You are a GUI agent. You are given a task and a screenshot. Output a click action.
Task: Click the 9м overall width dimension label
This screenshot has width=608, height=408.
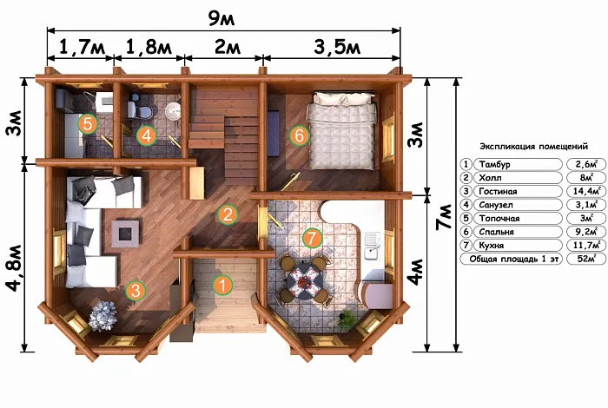click(221, 18)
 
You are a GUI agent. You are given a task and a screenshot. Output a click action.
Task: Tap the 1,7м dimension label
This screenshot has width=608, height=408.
click(82, 47)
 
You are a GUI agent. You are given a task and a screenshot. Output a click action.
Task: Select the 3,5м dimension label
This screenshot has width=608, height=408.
click(337, 47)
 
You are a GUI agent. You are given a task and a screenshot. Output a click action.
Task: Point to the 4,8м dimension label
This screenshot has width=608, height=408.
click(15, 267)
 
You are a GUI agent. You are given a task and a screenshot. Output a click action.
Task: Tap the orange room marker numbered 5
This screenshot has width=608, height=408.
click(88, 124)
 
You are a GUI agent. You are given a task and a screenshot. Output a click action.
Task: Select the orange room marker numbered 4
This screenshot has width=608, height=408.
click(146, 135)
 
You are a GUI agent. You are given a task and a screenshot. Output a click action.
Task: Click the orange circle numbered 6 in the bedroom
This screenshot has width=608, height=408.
click(299, 135)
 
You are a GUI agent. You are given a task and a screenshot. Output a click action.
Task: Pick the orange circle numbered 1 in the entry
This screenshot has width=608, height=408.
click(222, 286)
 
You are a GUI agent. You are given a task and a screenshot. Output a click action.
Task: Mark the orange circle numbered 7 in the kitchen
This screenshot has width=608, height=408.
click(313, 238)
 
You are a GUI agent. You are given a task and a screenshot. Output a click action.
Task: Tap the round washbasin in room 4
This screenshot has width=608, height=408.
click(172, 110)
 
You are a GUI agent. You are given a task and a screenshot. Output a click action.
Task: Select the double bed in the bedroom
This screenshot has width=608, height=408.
click(342, 130)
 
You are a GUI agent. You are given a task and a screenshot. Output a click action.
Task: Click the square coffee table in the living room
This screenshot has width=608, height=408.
click(125, 234)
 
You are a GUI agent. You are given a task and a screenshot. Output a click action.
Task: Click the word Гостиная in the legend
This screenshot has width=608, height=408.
click(498, 191)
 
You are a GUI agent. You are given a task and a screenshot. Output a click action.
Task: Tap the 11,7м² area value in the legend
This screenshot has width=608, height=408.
click(587, 245)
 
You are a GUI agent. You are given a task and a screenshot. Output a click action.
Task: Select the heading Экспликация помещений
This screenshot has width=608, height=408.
click(533, 147)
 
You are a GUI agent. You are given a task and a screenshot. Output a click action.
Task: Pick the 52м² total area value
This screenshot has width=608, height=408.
click(586, 259)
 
